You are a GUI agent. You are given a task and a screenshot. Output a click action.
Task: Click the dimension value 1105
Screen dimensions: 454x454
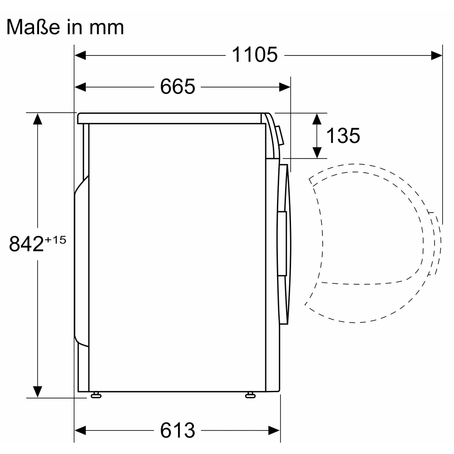click(255, 54)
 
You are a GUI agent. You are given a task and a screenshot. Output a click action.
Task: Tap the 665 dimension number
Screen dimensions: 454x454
click(178, 86)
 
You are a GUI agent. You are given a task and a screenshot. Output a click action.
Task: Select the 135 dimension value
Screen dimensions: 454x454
click(343, 135)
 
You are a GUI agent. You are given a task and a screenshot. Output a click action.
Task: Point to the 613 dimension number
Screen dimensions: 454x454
click(178, 430)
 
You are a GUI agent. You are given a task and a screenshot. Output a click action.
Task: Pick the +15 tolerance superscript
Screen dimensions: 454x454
click(55, 240)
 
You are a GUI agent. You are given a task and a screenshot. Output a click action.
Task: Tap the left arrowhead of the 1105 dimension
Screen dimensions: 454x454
click(80, 55)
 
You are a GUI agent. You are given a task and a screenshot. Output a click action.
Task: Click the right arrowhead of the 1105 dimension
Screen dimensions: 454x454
click(437, 55)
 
